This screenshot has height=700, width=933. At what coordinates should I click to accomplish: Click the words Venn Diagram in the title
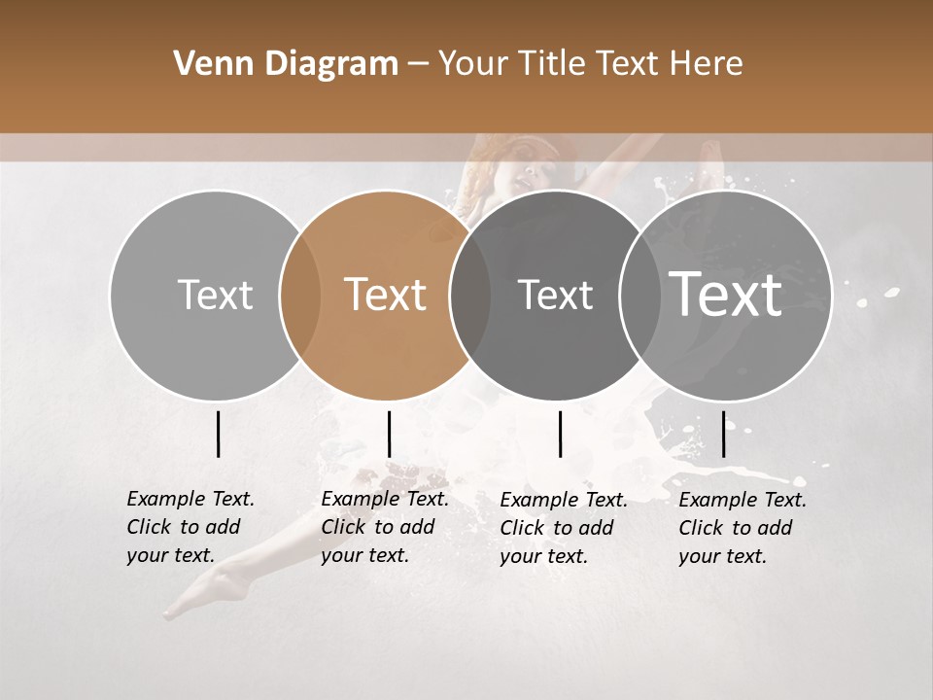[x=286, y=64]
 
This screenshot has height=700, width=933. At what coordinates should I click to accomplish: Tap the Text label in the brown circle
[x=386, y=295]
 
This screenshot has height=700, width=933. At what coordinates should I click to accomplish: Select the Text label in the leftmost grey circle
[x=215, y=295]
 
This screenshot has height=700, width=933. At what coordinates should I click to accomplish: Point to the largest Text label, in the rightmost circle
[x=726, y=294]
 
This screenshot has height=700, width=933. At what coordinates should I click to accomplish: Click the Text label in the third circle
[x=555, y=295]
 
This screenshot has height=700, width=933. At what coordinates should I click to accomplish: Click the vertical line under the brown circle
[x=389, y=434]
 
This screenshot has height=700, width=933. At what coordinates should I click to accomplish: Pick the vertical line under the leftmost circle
[x=218, y=434]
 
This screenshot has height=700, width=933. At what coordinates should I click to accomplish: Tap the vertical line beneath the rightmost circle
[x=723, y=434]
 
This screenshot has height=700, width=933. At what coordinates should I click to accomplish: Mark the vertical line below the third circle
[x=560, y=434]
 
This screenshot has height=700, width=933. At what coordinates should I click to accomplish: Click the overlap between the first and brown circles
[x=300, y=295]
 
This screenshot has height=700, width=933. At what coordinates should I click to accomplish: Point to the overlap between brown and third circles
[x=470, y=295]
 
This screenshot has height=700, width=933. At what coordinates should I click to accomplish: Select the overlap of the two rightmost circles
[x=640, y=295]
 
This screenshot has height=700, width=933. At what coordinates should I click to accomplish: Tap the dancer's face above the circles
[x=530, y=175]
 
